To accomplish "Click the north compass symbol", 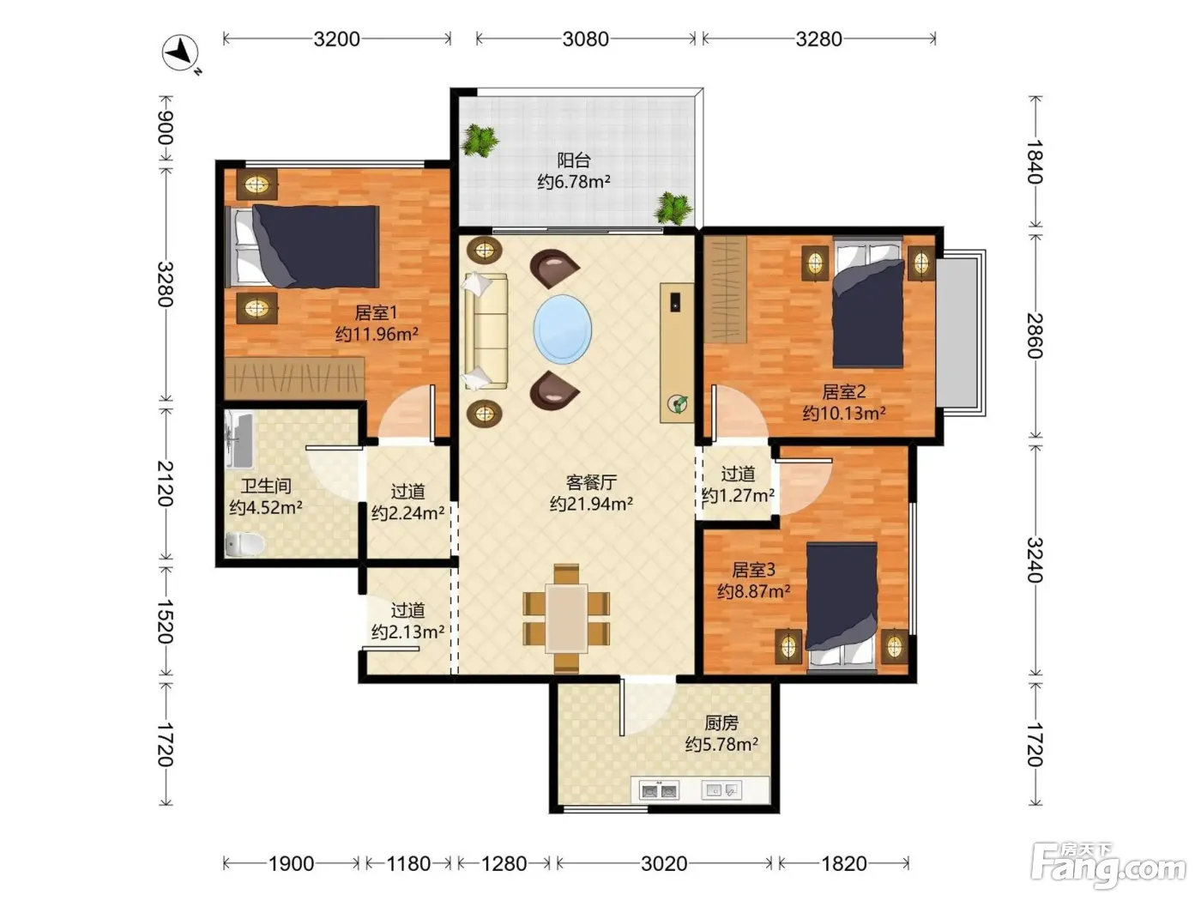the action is tap(181, 53).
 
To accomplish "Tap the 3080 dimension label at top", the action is tap(585, 39).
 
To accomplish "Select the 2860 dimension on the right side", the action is tap(1034, 336).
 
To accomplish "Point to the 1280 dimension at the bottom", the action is tap(504, 864).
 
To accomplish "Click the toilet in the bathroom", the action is tap(245, 544).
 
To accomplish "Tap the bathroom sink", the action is tap(239, 440).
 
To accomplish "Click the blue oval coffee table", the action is tap(563, 330).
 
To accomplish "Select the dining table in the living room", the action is tap(566, 618).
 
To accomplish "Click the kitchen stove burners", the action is tap(660, 790).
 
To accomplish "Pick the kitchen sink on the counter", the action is tap(721, 790).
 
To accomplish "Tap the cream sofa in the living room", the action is tap(486, 331).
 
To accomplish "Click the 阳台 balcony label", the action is tap(574, 160).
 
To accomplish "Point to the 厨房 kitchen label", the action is tap(721, 723).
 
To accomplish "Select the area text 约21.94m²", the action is tap(591, 504).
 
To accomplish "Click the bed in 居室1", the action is tap(302, 247).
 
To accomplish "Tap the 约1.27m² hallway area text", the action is tap(738, 495).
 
